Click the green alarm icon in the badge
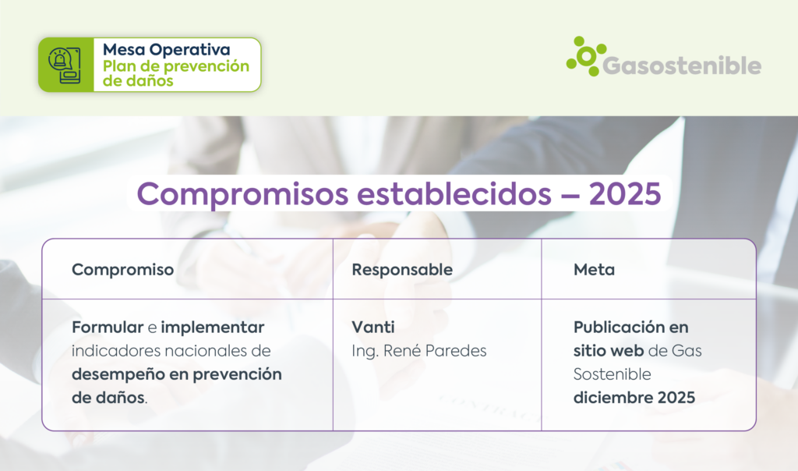(65, 66)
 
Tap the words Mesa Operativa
(167, 49)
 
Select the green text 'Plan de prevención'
(176, 66)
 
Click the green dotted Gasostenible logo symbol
(586, 56)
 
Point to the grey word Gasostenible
(682, 66)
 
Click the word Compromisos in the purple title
(243, 194)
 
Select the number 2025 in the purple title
(625, 193)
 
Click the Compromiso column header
(122, 269)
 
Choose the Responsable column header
(402, 269)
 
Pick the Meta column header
(594, 269)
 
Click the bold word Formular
(108, 327)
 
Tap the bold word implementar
(213, 328)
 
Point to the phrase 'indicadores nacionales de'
(171, 351)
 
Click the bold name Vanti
(373, 327)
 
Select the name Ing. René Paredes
(418, 351)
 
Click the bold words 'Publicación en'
(630, 327)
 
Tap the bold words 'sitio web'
(609, 351)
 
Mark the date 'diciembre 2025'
(634, 398)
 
